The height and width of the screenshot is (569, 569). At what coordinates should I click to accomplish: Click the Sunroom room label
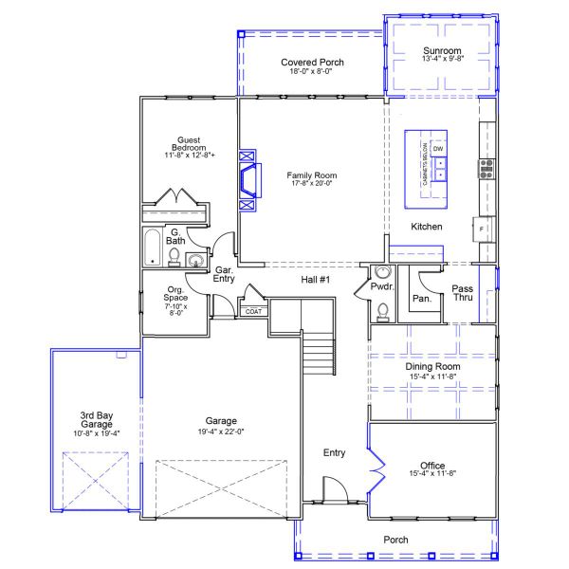coord(442,50)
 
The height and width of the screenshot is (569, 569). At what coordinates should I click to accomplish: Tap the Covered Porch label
coord(312,63)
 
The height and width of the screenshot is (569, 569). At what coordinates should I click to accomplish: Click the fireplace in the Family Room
coord(248,177)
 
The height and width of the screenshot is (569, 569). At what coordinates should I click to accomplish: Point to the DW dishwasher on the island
coord(438,150)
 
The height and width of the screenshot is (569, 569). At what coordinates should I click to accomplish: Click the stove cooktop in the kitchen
coord(486,169)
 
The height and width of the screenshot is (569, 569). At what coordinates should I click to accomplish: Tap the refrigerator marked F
coord(482,229)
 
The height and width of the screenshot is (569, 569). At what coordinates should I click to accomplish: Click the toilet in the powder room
coord(382,309)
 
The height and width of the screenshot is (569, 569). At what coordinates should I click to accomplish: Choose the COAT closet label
coord(253,311)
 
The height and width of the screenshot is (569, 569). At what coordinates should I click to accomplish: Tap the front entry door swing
coord(336,491)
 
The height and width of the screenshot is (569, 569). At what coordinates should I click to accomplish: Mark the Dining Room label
coord(432,366)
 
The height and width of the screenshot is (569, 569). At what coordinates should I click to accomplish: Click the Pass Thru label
coord(462,293)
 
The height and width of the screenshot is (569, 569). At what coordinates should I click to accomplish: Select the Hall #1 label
coord(316,280)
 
